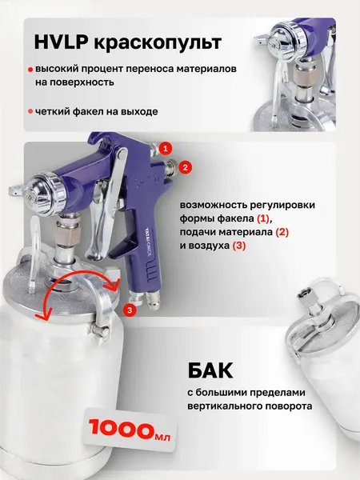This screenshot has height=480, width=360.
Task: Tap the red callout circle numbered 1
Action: (166, 148)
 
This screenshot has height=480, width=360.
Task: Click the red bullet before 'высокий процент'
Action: (30, 70)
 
